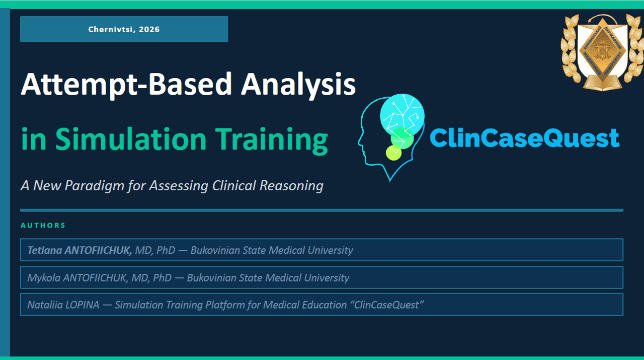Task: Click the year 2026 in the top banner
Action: pyautogui.click(x=149, y=29)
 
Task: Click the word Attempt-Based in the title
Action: pyautogui.click(x=126, y=85)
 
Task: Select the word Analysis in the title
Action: pyautogui.click(x=298, y=85)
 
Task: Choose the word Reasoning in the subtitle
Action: pyautogui.click(x=291, y=186)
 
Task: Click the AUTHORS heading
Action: pyautogui.click(x=43, y=226)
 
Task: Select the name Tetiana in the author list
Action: pyautogui.click(x=45, y=250)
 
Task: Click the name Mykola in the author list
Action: pyautogui.click(x=44, y=278)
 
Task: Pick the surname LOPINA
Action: pyautogui.click(x=82, y=305)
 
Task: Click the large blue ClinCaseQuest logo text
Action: pyautogui.click(x=525, y=138)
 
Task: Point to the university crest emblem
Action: pyautogui.click(x=602, y=52)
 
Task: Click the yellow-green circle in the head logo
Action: pyautogui.click(x=393, y=153)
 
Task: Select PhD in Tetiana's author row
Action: pyautogui.click(x=166, y=250)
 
